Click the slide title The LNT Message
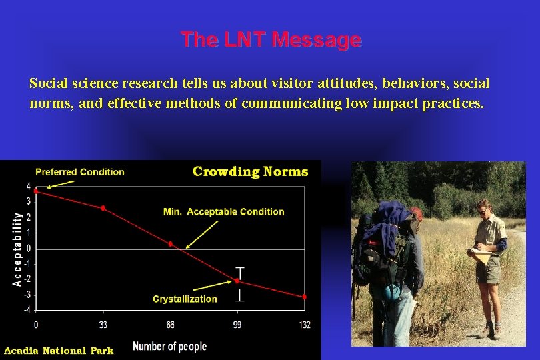tap(271, 40)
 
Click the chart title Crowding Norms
tap(250, 171)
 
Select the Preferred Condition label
tap(79, 172)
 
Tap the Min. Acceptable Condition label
tap(223, 212)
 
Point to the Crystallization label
tap(185, 299)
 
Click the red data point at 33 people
tap(103, 208)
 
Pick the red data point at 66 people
tap(171, 244)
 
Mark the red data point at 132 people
tap(305, 297)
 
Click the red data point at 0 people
tap(36, 191)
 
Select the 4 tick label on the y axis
tap(28, 187)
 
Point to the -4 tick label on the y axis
tap(27, 310)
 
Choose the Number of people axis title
tap(169, 346)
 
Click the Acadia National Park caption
tap(59, 351)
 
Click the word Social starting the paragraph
tap(49, 84)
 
